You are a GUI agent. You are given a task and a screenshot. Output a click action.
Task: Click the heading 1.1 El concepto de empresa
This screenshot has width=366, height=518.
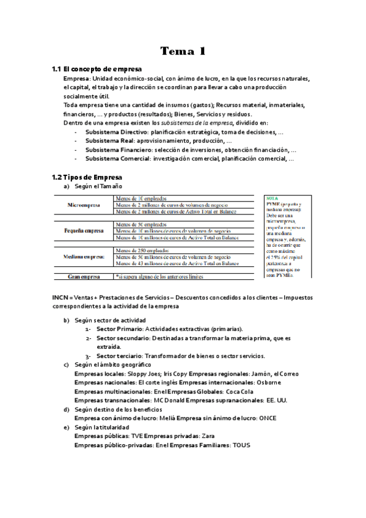tap(97, 69)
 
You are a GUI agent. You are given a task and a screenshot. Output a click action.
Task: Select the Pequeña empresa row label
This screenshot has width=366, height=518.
tap(84, 231)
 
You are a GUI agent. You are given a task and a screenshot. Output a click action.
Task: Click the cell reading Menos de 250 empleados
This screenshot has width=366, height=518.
tap(142, 250)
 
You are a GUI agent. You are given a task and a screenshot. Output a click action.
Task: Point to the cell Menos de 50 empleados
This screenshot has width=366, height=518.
tap(141, 224)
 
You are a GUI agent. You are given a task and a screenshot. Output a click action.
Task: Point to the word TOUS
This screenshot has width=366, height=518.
tap(241, 445)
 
